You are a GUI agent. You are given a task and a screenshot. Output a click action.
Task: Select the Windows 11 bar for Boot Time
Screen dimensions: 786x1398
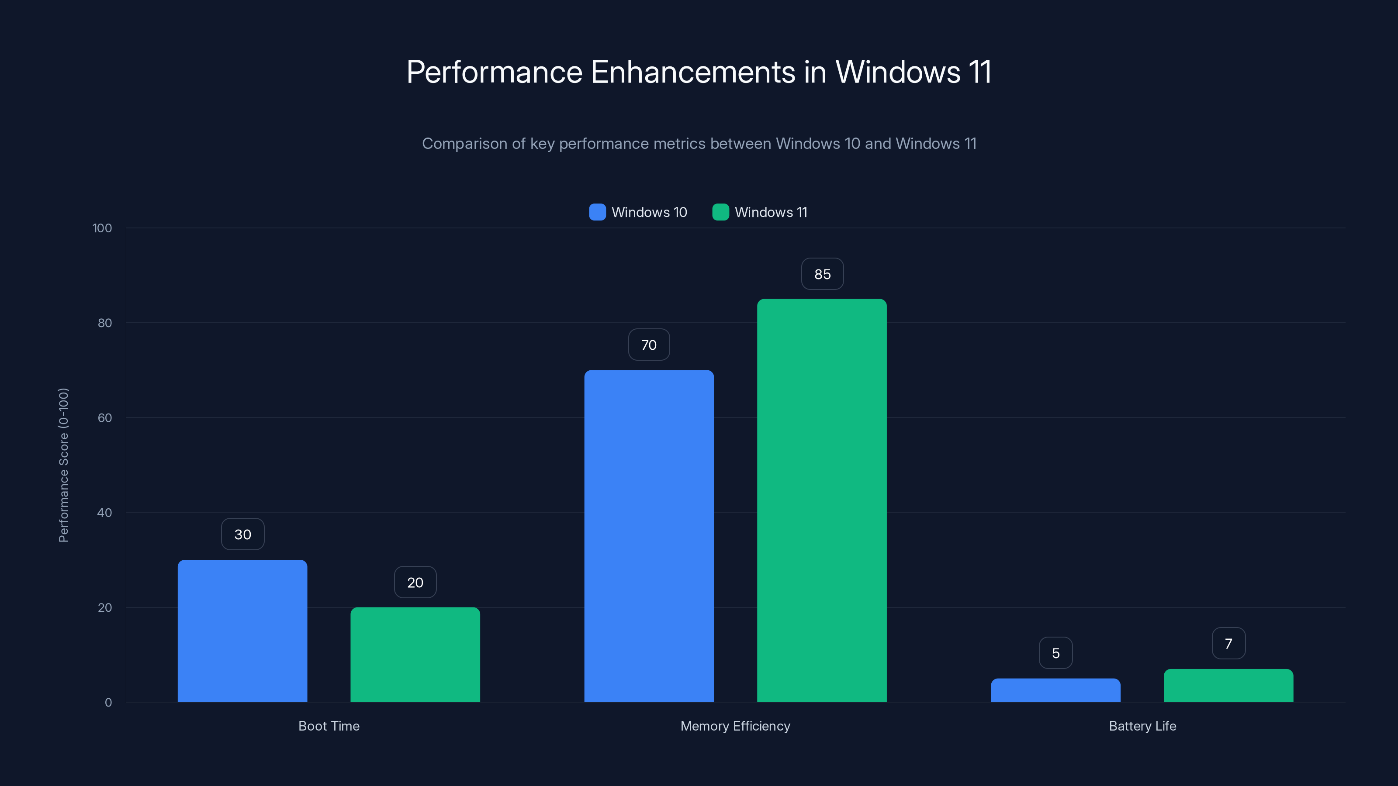(x=415, y=654)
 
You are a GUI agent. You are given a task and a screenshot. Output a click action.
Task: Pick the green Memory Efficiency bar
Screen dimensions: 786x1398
(x=822, y=500)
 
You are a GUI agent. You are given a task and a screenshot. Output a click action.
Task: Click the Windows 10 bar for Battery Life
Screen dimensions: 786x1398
(x=1055, y=690)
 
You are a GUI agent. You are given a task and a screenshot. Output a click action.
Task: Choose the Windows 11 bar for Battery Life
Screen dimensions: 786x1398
(x=1228, y=685)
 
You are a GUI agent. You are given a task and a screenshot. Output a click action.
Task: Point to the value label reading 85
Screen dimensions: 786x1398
(x=822, y=274)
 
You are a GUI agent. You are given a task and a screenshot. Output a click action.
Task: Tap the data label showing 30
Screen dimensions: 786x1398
(x=242, y=534)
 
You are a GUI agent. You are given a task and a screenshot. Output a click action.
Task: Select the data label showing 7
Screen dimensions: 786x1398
(x=1228, y=643)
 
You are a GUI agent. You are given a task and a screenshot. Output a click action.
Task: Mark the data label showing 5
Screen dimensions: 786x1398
(x=1055, y=653)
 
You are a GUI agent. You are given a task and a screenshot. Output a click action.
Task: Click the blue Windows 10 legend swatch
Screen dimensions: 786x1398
(x=597, y=212)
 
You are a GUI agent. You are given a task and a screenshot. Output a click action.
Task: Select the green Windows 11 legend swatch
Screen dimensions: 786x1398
(x=720, y=212)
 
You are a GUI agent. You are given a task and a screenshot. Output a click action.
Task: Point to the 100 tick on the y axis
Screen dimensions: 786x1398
(x=102, y=228)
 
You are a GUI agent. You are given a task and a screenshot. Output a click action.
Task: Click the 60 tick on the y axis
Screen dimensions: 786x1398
(x=105, y=418)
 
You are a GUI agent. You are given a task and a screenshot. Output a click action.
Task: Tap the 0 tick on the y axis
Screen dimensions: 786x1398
(x=108, y=703)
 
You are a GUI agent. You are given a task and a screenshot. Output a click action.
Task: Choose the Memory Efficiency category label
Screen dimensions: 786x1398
(x=735, y=726)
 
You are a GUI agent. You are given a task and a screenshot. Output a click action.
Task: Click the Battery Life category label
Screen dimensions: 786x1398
(x=1142, y=726)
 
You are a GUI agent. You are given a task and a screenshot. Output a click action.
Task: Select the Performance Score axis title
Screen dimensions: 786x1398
(x=63, y=465)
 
